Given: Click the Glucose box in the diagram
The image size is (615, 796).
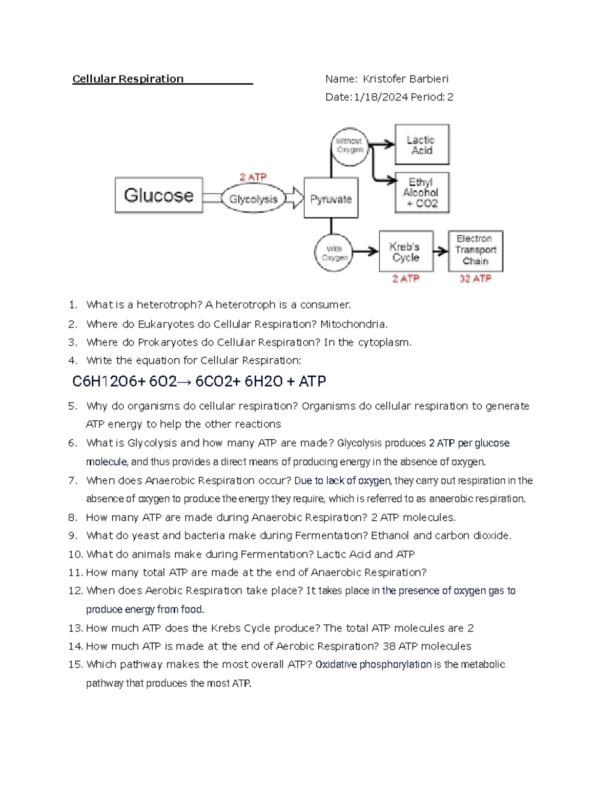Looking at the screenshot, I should click(x=158, y=195).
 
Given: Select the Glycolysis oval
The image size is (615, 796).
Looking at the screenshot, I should click(x=253, y=199).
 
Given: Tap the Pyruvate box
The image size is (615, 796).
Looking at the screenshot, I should click(x=331, y=198).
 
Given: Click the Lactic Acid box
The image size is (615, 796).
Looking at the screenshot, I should click(x=421, y=145).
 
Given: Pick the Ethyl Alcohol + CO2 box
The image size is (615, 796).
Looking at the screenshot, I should click(x=421, y=193).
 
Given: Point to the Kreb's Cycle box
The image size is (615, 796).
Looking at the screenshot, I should click(x=405, y=252).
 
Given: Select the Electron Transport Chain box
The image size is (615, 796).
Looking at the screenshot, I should click(x=475, y=250).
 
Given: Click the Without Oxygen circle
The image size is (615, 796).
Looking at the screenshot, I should click(x=350, y=146).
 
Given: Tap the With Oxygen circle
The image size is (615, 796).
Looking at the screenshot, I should click(x=334, y=253).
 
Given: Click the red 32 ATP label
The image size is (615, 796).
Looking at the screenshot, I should click(x=475, y=278).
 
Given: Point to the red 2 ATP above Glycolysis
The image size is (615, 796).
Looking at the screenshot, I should click(x=253, y=177).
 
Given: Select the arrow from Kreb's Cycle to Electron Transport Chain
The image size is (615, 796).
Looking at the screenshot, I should click(x=441, y=251).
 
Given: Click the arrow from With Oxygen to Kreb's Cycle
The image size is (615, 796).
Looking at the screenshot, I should click(x=365, y=251).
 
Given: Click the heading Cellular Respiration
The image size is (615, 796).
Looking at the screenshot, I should click(x=128, y=79).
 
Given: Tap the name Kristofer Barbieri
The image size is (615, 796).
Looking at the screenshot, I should click(x=405, y=79).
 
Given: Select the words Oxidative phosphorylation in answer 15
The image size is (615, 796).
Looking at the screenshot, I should click(x=373, y=665).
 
